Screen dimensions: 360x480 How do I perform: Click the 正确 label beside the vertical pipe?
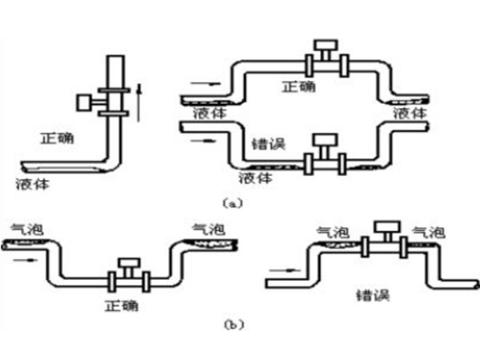(56, 138)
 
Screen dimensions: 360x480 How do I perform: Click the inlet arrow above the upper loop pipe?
(200, 81)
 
